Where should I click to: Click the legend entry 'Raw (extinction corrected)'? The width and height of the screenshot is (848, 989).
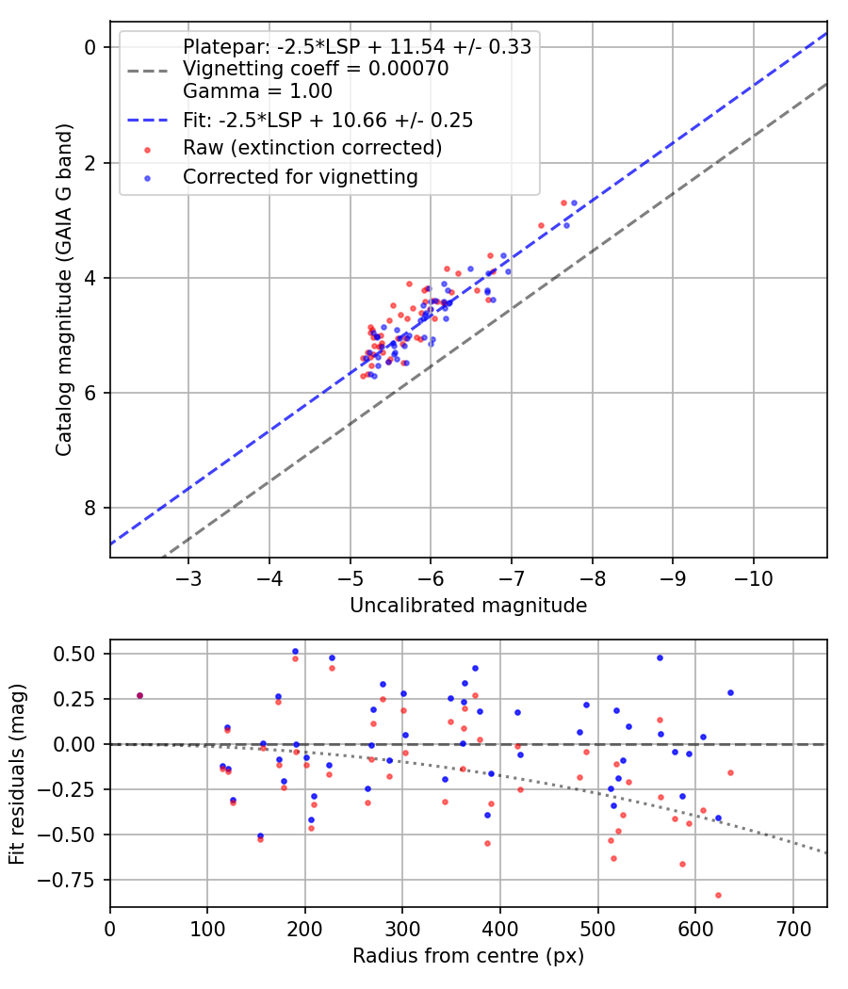pos(312,148)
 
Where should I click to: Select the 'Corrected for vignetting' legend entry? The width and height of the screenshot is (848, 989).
pos(301,177)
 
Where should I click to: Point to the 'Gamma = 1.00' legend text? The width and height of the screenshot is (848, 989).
pos(257,91)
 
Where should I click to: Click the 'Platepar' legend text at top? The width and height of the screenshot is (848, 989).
pos(357,47)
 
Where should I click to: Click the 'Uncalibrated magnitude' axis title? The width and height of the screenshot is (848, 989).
pos(468,606)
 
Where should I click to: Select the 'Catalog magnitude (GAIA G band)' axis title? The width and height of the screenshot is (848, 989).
pos(64,289)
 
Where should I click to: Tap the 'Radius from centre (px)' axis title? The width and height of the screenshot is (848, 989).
pos(468,956)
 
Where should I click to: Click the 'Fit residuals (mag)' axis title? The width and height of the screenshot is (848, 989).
pos(17,773)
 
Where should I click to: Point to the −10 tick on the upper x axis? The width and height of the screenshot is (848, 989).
pos(754,577)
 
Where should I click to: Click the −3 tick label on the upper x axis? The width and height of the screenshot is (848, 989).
pos(188,577)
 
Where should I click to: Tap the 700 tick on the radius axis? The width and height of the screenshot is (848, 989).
pos(792,929)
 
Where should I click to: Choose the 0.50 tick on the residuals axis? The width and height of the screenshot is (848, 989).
pos(73,654)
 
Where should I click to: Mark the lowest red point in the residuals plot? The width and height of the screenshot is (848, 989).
pos(718,895)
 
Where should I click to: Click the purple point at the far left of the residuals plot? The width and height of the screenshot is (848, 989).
pos(140,696)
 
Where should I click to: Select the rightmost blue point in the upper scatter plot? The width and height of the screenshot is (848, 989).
pos(574,203)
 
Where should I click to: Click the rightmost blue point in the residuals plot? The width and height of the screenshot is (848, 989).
pos(730,692)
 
